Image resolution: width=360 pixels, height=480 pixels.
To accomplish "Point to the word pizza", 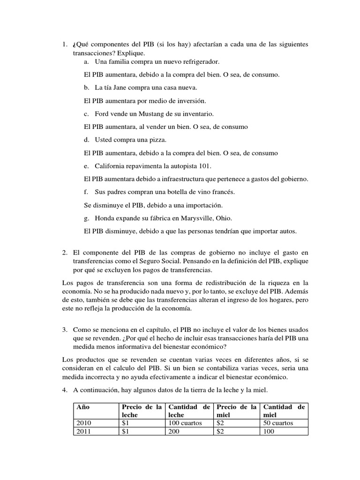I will (157, 140).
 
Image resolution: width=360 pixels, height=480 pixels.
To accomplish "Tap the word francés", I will (221, 192).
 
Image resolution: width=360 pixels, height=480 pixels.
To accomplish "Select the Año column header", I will (82, 407).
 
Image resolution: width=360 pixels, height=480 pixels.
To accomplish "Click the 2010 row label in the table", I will (84, 423).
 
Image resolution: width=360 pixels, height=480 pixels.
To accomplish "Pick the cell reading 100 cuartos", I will (185, 423).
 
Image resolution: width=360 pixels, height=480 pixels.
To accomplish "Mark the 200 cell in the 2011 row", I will (174, 431).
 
